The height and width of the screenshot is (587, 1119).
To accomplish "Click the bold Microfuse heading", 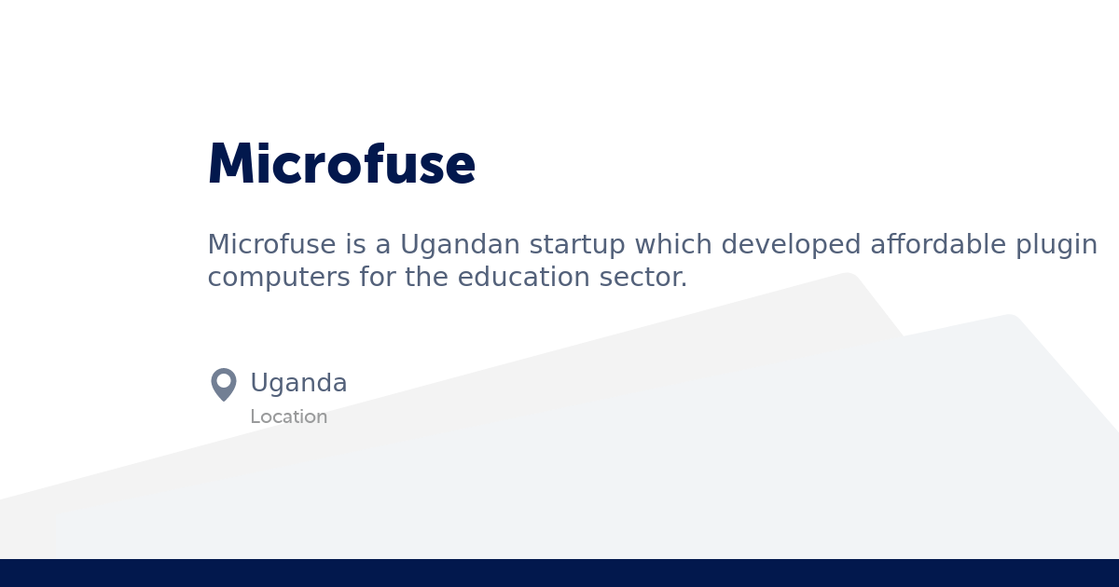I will [x=341, y=165].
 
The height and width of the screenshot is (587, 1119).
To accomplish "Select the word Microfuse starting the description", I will [x=271, y=245].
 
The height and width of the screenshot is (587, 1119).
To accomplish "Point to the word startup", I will [x=571, y=245].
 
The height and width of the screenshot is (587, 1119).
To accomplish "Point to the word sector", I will [x=642, y=278].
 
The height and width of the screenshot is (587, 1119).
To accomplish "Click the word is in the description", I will [x=355, y=245].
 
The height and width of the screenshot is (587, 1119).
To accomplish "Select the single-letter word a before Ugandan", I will [x=383, y=245].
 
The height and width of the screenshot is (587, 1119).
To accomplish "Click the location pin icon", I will [x=224, y=384].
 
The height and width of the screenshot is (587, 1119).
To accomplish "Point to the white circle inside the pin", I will [x=224, y=380].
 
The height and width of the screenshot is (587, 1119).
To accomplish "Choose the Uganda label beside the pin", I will [x=298, y=383].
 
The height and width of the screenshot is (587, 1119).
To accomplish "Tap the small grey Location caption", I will [x=288, y=417].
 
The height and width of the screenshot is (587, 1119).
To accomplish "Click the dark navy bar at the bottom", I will [x=559, y=573].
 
